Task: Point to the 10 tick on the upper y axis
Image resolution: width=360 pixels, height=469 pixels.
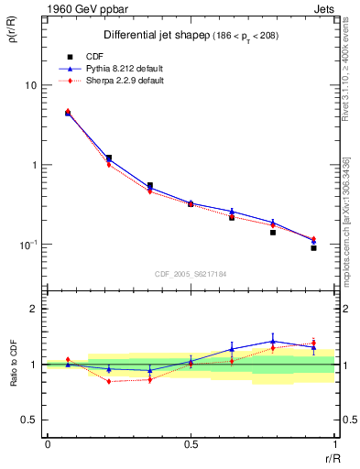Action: tap(29, 85)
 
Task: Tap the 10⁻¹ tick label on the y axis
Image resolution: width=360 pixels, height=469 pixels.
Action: tap(27, 245)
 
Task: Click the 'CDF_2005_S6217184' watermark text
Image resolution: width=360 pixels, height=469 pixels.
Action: tap(190, 273)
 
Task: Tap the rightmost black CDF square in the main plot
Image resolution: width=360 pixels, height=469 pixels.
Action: tap(313, 248)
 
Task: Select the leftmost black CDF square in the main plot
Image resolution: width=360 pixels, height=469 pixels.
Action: tap(69, 114)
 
